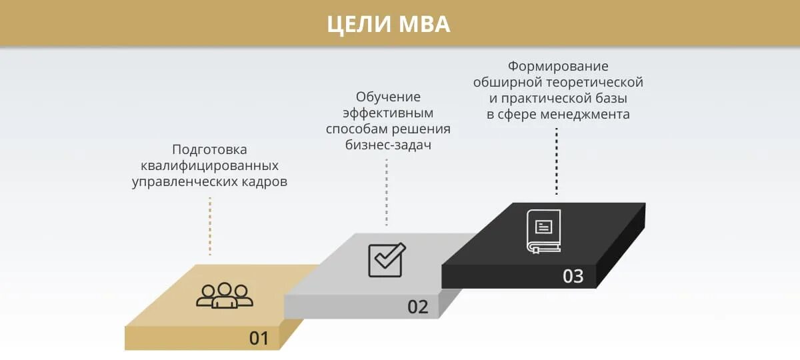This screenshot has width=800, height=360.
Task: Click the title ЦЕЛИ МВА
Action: coord(389,24)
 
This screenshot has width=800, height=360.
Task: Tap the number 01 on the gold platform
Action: coord(259,338)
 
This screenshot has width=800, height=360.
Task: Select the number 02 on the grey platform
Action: coord(417,307)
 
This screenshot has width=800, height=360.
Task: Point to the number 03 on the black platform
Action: coord(573,275)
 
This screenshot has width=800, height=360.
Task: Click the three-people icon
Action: coord(225,295)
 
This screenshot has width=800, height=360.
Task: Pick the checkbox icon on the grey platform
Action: coord(387,260)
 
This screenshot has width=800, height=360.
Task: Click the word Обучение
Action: coord(388,97)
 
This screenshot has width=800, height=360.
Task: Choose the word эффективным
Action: coord(388,113)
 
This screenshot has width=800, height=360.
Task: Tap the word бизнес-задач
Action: coord(388,145)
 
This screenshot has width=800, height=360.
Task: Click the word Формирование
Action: coord(558,67)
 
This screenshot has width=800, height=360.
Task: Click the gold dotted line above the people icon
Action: coord(209,226)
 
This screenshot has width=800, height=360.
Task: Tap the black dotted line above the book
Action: coord(557,161)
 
